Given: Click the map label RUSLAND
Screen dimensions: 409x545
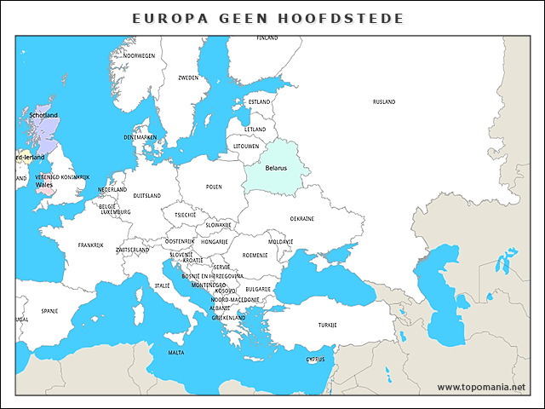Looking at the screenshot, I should click(x=384, y=101).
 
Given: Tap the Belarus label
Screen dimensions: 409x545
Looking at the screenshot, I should click(x=276, y=168).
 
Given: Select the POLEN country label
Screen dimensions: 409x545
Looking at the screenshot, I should click(x=214, y=187).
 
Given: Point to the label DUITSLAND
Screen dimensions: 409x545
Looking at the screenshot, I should click(x=146, y=195).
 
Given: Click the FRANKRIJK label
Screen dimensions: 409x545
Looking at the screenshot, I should click(x=90, y=245).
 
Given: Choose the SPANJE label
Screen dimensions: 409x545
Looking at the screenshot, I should click(x=49, y=311).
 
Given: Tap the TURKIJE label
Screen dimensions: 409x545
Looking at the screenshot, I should click(x=328, y=325).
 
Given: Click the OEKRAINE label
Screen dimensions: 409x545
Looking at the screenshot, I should click(x=302, y=218).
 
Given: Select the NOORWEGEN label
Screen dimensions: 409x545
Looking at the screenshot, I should click(x=139, y=55).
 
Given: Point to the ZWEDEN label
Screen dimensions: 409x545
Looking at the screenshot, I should click(x=188, y=78).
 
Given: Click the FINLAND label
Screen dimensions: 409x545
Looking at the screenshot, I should click(x=267, y=38).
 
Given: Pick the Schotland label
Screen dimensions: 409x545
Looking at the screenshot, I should click(x=43, y=115).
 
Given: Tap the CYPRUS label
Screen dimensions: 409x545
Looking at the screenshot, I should click(x=315, y=359).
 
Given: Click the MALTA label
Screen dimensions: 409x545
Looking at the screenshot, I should click(x=175, y=352).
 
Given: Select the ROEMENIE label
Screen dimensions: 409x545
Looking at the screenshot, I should click(x=255, y=255).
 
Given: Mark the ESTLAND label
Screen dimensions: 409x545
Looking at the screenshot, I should click(x=259, y=101).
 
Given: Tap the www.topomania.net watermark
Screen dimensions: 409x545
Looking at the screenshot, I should click(x=481, y=387).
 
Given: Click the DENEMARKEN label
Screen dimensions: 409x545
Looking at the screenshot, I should click(x=140, y=137).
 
